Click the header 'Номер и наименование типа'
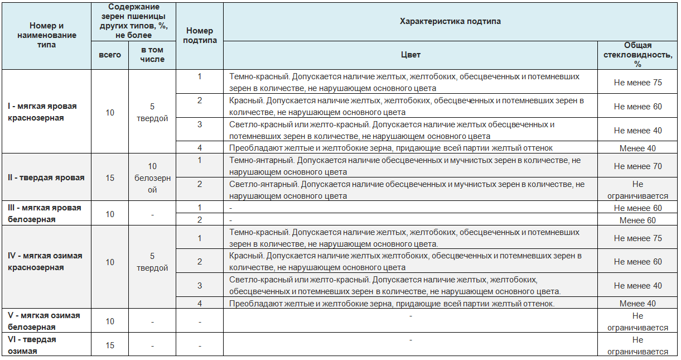coord(46,35)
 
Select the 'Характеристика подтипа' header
coord(450,21)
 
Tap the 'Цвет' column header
coord(410,55)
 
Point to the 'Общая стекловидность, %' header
coord(637,55)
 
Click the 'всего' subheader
coord(110,55)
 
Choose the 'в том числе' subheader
coord(152,55)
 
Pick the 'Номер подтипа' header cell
coord(200,35)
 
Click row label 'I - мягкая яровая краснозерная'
coord(42,112)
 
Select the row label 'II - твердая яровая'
coord(46,177)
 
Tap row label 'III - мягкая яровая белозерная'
coord(44,213)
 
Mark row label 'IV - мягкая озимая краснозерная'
coord(45,262)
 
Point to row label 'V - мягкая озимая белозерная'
coord(44,321)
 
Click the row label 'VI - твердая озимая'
coord(32,345)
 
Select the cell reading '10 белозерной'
coord(152,177)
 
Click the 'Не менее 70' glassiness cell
coord(637,166)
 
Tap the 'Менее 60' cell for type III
coord(637,220)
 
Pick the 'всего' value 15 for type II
coord(110,177)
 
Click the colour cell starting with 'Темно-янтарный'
coord(404,166)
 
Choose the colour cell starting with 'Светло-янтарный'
coord(407,190)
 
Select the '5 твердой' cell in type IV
coord(152,262)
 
